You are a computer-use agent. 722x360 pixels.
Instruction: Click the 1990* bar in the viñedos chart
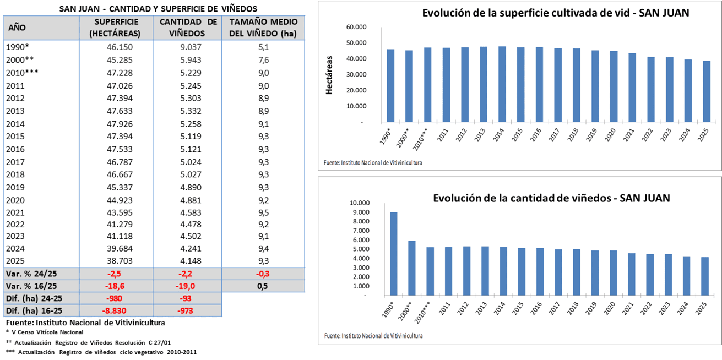tap(393, 253)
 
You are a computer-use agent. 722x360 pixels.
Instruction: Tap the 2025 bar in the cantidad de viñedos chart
tap(705, 276)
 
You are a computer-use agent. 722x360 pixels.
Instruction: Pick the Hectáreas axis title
tap(330, 75)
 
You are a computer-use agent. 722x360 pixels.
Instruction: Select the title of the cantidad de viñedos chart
tap(551, 198)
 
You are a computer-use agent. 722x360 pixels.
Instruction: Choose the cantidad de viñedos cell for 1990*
tap(188, 47)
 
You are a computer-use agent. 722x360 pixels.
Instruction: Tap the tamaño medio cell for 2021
tap(263, 212)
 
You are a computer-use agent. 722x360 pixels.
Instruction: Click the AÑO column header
tap(17, 28)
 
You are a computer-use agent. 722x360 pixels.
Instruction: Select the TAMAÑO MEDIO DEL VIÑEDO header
tap(263, 28)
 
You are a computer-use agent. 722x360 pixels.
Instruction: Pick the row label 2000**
tap(20, 59)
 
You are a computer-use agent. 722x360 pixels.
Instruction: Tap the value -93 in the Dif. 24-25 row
tap(188, 298)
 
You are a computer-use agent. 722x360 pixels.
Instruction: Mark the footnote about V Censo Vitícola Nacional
tap(44, 332)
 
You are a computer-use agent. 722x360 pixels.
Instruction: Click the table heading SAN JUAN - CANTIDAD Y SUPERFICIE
tap(158, 9)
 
